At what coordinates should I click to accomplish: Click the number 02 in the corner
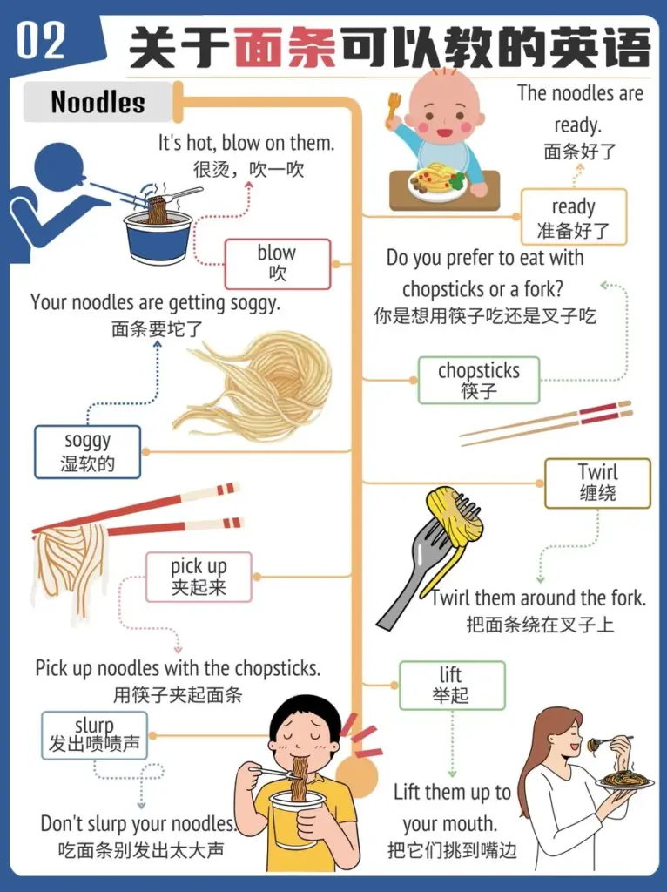coord(40,41)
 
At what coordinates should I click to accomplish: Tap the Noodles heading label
coord(98,102)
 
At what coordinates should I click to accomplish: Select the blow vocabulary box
coord(278,264)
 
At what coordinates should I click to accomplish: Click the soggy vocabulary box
coord(87,452)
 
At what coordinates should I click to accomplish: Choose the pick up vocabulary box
coord(199,577)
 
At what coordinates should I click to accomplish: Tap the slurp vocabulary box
coord(94,735)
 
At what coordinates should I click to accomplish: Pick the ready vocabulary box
coord(574,217)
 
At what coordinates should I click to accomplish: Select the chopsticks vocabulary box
coord(479,380)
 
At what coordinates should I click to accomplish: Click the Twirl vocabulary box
coord(597,483)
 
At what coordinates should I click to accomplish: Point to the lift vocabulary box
coord(452,685)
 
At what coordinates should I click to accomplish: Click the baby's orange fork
coord(393,108)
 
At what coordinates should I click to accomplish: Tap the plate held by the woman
coord(624,780)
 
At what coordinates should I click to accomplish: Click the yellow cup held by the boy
coord(298,818)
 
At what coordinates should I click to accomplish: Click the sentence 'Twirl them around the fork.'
coord(538,598)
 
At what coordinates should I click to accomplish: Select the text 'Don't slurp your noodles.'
coord(138,823)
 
